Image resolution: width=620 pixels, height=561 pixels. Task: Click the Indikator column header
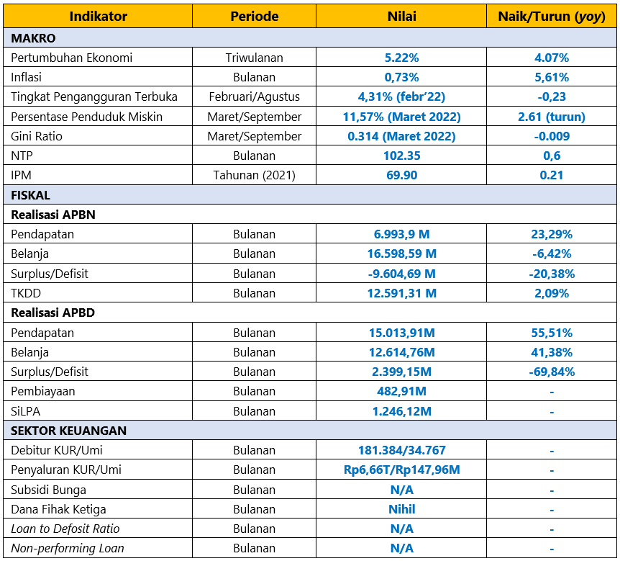(98, 17)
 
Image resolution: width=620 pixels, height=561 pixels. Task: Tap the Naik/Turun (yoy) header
(552, 17)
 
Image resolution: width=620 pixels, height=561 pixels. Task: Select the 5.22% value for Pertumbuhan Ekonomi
(402, 58)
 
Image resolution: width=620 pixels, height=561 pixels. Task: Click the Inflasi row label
(26, 77)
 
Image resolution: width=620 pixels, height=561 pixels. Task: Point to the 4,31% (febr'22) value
(402, 97)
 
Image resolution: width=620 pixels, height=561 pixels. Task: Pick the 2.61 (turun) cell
(552, 117)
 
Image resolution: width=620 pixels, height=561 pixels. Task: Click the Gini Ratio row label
(37, 136)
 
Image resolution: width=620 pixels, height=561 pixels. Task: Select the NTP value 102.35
(402, 156)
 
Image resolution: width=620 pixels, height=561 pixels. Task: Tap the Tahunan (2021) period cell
(254, 175)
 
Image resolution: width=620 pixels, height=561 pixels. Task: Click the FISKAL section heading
(30, 195)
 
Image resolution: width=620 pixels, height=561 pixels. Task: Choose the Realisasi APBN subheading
(53, 215)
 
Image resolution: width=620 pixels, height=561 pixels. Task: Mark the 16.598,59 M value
(402, 253)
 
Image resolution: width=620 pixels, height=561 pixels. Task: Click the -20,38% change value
(552, 274)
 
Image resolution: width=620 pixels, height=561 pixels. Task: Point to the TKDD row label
(26, 293)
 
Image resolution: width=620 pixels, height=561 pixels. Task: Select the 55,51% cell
(552, 333)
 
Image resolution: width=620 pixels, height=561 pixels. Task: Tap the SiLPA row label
(25, 411)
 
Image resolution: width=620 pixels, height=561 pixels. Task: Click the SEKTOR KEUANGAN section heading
(68, 431)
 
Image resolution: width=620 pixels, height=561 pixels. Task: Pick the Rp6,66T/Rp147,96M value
(402, 470)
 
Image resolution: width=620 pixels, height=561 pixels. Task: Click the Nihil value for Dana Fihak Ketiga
(402, 509)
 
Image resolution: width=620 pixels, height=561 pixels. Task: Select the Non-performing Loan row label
(67, 548)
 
